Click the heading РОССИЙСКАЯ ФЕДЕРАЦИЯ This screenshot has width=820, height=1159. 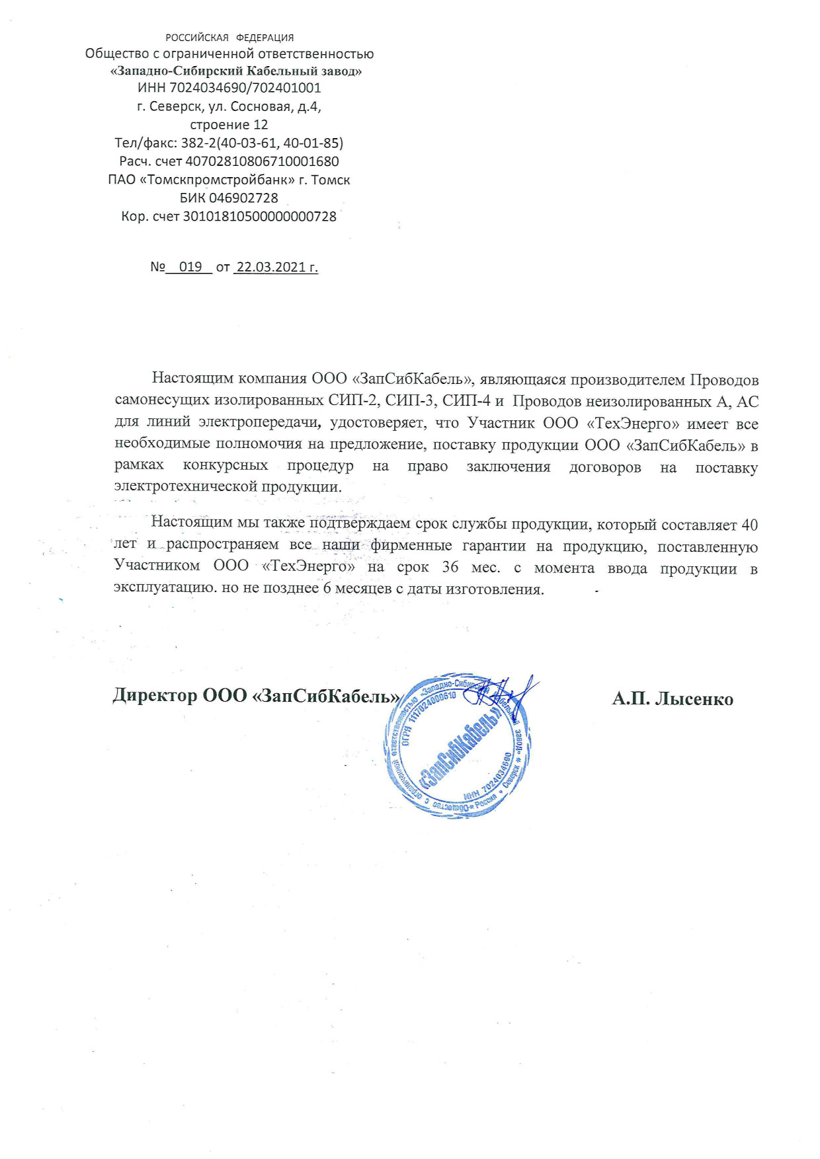pyautogui.click(x=229, y=38)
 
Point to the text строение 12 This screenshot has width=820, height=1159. pyautogui.click(x=229, y=125)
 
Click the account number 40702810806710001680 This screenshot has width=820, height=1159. pyautogui.click(x=262, y=161)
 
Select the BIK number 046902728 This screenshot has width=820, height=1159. pyautogui.click(x=243, y=198)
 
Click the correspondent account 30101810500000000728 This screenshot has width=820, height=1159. pyautogui.click(x=259, y=216)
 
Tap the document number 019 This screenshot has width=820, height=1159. pyautogui.click(x=190, y=267)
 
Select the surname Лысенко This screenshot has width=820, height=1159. pyautogui.click(x=694, y=699)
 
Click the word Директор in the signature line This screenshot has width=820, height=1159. pyautogui.click(x=155, y=695)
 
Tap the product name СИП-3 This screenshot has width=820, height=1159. pyautogui.click(x=410, y=400)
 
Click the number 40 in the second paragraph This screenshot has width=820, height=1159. pyautogui.click(x=749, y=525)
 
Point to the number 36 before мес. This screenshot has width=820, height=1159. pyautogui.click(x=450, y=568)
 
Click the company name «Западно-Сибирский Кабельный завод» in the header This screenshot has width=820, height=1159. pyautogui.click(x=235, y=71)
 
